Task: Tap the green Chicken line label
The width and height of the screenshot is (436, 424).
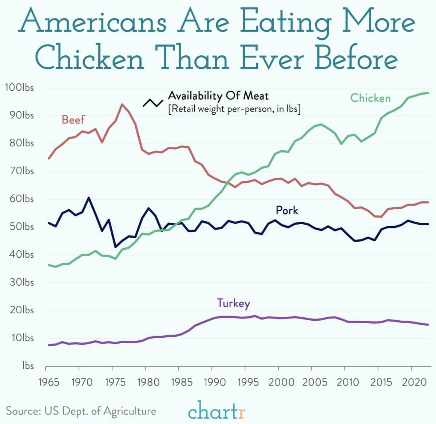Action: (370, 98)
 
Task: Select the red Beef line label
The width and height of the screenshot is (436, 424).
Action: (73, 119)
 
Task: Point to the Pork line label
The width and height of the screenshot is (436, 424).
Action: (287, 210)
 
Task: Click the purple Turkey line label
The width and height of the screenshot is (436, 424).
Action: (233, 303)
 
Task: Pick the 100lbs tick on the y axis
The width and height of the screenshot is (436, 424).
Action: (19, 88)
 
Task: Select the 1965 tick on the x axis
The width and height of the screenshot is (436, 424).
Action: (48, 382)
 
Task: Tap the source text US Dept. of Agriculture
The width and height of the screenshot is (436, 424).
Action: (81, 411)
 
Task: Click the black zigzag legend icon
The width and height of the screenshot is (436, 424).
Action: (152, 103)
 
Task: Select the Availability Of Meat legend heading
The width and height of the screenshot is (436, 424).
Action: (218, 96)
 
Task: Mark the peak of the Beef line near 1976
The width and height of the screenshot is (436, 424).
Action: (122, 104)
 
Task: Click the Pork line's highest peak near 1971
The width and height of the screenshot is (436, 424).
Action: (88, 198)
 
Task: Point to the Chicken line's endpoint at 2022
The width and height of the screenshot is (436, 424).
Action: (428, 93)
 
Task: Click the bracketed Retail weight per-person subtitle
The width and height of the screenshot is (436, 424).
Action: (234, 109)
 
